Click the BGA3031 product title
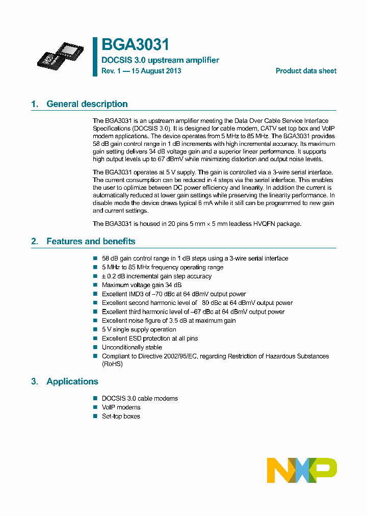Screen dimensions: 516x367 pyautogui.click(x=135, y=45)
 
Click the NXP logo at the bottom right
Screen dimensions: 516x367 pyautogui.click(x=302, y=470)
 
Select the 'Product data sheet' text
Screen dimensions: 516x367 pyautogui.click(x=306, y=71)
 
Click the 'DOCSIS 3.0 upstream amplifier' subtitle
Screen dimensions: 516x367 pyautogui.click(x=160, y=60)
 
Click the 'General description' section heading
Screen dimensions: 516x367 pyautogui.click(x=87, y=104)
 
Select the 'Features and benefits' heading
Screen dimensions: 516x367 pyautogui.click(x=91, y=241)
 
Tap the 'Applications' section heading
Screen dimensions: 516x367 pyautogui.click(x=72, y=381)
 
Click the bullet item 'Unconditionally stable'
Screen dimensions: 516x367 pyautogui.click(x=134, y=347)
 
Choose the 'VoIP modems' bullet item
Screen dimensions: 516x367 pyautogui.click(x=121, y=407)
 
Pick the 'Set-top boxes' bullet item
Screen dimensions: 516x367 pyautogui.click(x=121, y=416)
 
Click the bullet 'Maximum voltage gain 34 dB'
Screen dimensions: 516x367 pyautogui.click(x=141, y=285)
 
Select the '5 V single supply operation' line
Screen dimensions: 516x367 pyautogui.click(x=139, y=329)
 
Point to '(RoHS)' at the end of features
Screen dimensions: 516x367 pyautogui.click(x=112, y=364)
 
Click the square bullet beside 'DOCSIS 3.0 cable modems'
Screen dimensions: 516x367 pyautogui.click(x=95, y=398)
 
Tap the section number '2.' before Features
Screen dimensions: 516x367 pyautogui.click(x=35, y=241)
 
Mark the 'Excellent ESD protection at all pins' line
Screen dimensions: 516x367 pyautogui.click(x=150, y=339)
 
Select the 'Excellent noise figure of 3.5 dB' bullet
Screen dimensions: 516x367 pyautogui.click(x=169, y=321)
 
